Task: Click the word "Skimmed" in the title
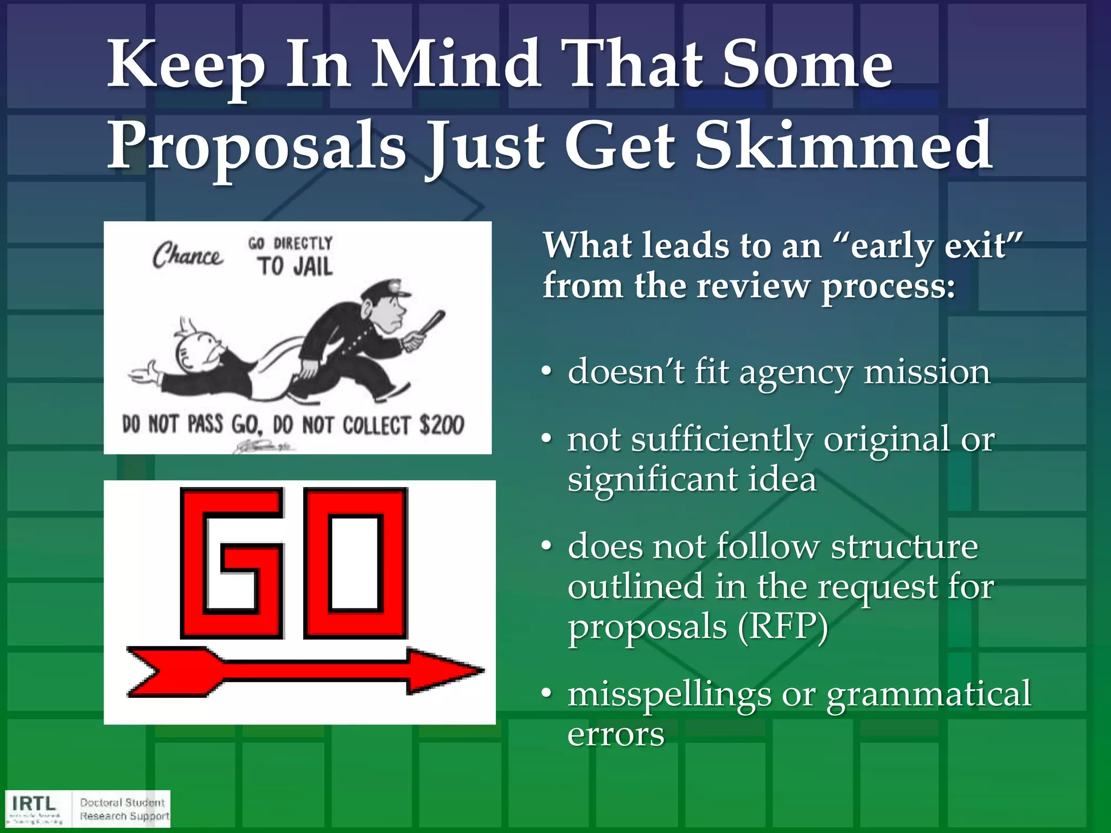pyautogui.click(x=844, y=145)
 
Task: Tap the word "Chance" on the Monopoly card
pyautogui.click(x=187, y=255)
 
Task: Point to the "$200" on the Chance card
pyautogui.click(x=442, y=425)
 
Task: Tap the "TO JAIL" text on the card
pyautogui.click(x=295, y=266)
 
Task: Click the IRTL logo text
pyautogui.click(x=34, y=803)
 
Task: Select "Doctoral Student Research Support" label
pyautogui.click(x=124, y=809)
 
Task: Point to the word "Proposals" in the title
pyautogui.click(x=256, y=145)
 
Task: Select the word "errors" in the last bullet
pyautogui.click(x=616, y=734)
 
